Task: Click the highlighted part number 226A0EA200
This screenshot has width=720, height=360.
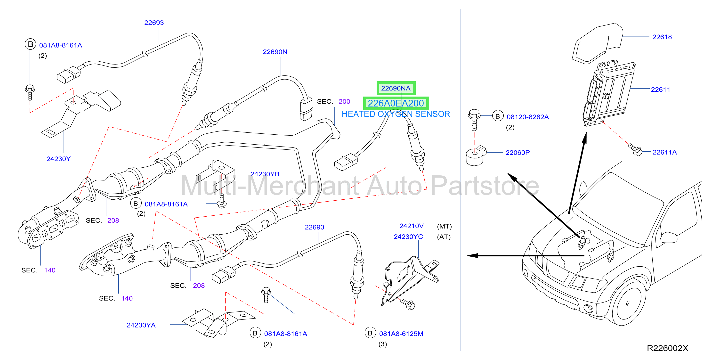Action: point(396,103)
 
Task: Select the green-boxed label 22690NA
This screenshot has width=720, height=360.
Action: point(396,88)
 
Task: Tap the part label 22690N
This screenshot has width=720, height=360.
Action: point(275,52)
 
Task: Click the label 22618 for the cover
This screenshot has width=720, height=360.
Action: point(662,37)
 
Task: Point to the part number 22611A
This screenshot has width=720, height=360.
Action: point(664,152)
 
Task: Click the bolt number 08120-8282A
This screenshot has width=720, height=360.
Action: point(528,117)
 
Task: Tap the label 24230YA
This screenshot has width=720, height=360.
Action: point(141,325)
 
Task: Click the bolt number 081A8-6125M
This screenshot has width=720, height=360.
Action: point(401,334)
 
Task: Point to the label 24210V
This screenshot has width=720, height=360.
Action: point(412,226)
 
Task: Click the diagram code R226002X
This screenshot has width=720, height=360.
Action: point(667,348)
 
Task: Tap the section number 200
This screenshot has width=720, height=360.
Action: point(344,101)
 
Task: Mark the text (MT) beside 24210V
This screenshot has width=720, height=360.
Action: point(444,226)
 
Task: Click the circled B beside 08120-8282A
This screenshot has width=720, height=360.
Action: point(498,116)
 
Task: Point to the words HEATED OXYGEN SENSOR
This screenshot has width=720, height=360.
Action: point(396,114)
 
